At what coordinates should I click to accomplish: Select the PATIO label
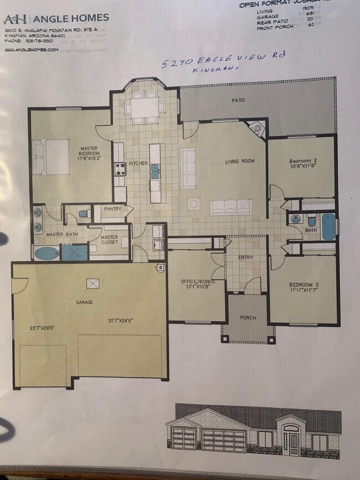[x=238, y=100]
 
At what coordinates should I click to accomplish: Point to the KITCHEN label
[x=138, y=163]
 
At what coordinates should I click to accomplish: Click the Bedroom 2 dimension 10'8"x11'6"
[x=303, y=169]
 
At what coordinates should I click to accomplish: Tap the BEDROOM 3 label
[x=303, y=286]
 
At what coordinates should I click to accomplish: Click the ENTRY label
[x=246, y=257]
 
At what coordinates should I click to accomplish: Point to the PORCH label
[x=247, y=318]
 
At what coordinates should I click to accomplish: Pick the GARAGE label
[x=85, y=302]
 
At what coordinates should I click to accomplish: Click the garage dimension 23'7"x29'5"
[x=42, y=328]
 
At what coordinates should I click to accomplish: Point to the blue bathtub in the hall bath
[x=327, y=226]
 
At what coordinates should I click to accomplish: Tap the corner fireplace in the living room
[x=258, y=129]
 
